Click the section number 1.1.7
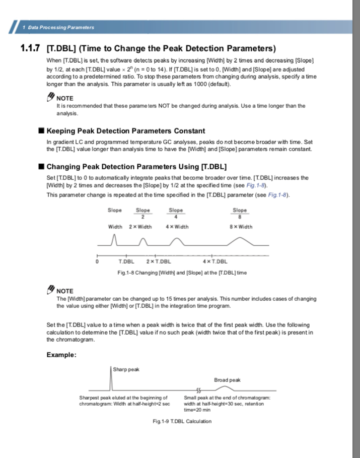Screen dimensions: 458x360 click(30, 49)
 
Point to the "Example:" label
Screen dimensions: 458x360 click(61, 355)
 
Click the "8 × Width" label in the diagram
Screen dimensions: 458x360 click(240, 227)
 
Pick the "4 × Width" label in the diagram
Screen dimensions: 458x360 click(177, 227)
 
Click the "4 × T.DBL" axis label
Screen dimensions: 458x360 click(215, 261)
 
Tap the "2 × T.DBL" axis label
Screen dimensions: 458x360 click(159, 261)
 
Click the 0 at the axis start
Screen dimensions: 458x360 click(97, 261)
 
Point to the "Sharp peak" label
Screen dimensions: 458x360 click(126, 369)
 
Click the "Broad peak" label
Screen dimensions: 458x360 click(228, 380)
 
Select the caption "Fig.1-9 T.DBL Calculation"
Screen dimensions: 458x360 click(182, 421)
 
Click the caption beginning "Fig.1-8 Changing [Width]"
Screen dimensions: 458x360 click(182, 273)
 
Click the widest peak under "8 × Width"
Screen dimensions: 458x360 click(240, 241)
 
